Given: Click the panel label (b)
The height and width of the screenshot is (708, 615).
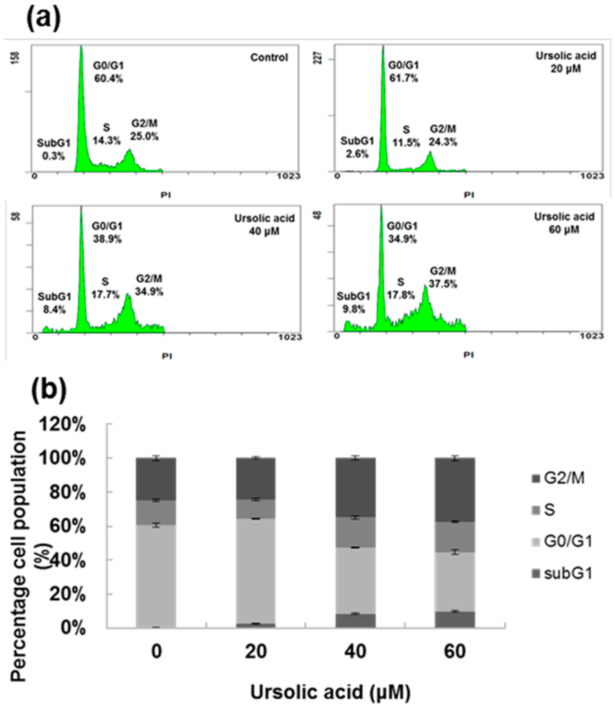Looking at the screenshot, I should point(48,389).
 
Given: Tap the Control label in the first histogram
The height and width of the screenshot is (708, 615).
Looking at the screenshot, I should point(269,57).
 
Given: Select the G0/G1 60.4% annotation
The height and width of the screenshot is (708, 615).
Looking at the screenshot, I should point(108,72).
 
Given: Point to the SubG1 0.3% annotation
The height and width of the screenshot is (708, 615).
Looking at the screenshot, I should point(53,150).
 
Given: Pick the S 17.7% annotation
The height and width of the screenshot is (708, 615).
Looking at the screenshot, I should point(105,288).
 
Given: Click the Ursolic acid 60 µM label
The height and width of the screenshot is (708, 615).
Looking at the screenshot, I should point(564,223).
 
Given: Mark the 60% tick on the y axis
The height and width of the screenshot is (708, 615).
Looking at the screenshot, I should point(67,527).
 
